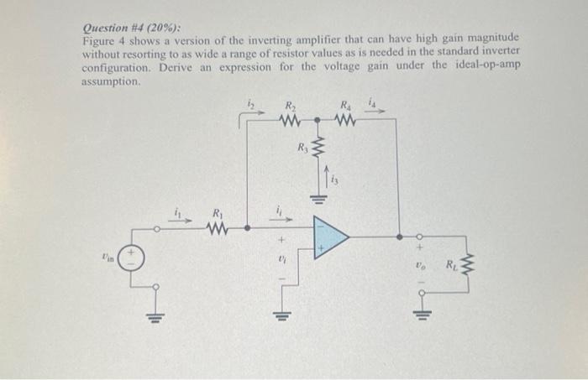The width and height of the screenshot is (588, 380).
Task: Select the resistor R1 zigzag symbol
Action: click(218, 227)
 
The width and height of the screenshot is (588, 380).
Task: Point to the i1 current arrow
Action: click(180, 220)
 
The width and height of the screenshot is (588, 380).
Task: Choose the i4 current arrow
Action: click(373, 107)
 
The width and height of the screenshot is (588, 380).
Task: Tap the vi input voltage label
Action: click(280, 261)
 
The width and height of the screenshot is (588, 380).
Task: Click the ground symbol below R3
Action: click(318, 200)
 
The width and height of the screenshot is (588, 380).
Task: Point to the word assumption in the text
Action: click(109, 82)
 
